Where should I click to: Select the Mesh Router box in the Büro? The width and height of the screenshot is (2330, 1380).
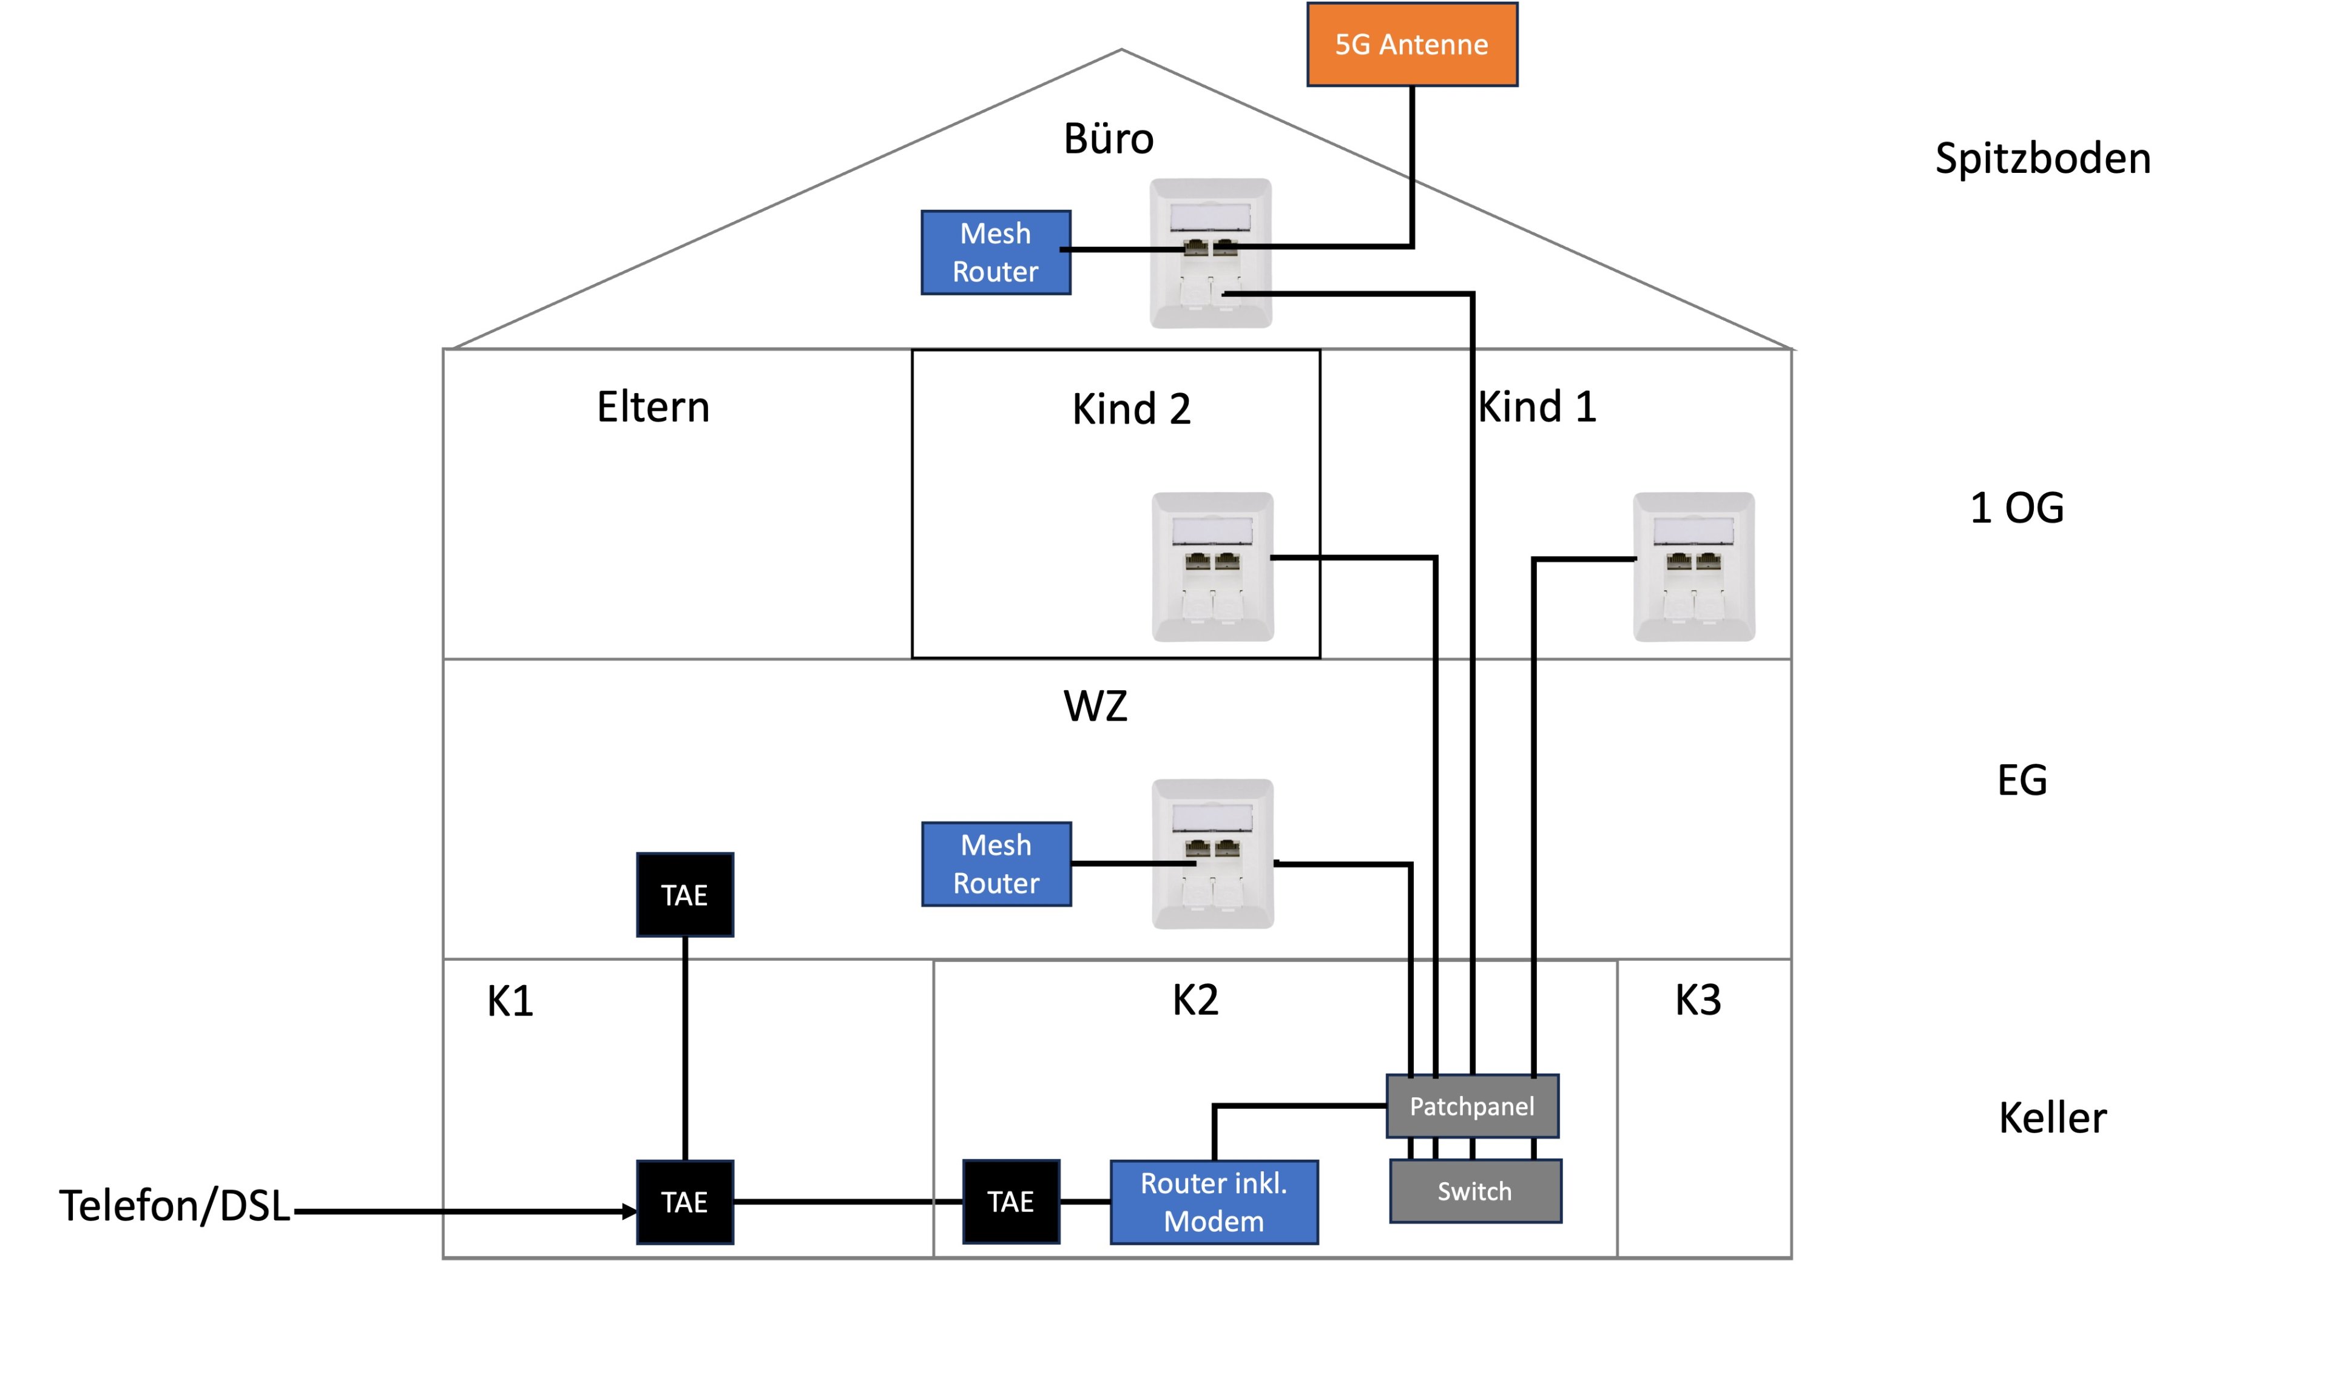(995, 252)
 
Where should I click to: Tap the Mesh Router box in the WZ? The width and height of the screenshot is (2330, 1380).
(996, 864)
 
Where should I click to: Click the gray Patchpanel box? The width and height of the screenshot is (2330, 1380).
(1473, 1106)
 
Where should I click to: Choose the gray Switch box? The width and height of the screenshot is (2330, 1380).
(1475, 1191)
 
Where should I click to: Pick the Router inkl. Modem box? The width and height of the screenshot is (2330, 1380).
(1214, 1202)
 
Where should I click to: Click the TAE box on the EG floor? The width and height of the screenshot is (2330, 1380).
(684, 895)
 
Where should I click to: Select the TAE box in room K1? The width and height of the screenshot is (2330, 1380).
(684, 1202)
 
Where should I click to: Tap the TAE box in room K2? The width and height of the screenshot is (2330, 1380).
(1011, 1202)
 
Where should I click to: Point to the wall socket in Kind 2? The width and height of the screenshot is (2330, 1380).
(1212, 567)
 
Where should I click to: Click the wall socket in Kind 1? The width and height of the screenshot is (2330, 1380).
(1693, 567)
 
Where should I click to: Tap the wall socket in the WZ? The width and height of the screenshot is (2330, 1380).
(1212, 853)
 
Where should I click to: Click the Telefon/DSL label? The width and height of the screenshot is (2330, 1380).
(175, 1206)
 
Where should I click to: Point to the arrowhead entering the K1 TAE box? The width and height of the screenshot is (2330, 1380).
(630, 1212)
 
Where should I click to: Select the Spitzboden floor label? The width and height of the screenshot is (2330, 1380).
(2042, 159)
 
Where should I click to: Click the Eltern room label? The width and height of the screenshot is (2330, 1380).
(653, 406)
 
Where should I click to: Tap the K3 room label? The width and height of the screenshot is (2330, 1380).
(1698, 1001)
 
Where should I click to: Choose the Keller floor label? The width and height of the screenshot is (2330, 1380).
(2052, 1118)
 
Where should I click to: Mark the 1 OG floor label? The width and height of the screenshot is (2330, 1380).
(2016, 508)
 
